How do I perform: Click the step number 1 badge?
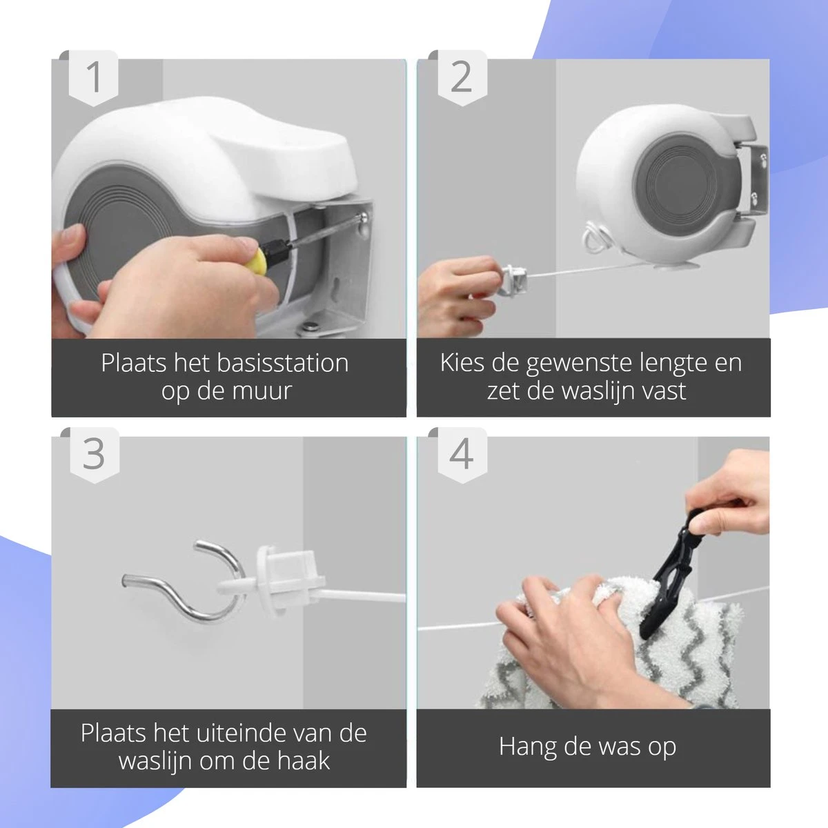[94, 77]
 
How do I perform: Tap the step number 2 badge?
[461, 77]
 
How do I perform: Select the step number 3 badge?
[94, 454]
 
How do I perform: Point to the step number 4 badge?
[461, 454]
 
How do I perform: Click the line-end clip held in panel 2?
[514, 279]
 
